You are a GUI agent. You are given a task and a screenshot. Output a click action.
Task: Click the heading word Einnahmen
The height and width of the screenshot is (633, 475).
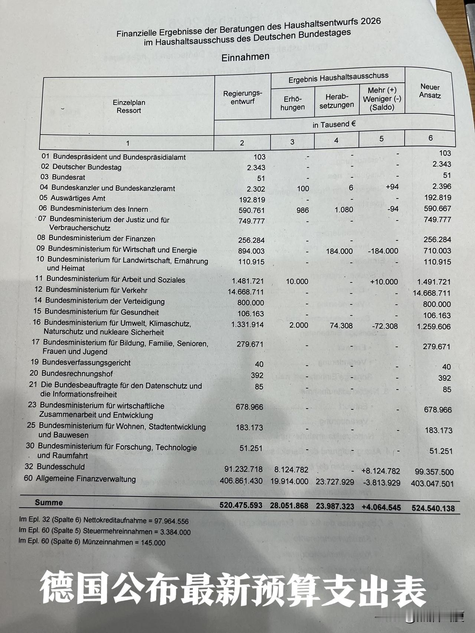click(245, 57)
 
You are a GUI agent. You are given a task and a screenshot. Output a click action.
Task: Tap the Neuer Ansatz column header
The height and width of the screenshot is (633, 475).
click(430, 91)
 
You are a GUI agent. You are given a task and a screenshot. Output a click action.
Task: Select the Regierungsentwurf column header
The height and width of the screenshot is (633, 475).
click(242, 97)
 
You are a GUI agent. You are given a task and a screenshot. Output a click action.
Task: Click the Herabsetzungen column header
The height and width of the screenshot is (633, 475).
click(337, 101)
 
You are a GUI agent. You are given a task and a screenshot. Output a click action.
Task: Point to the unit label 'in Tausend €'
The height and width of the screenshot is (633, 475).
click(334, 125)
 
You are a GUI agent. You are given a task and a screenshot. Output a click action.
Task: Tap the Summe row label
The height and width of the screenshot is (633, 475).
click(49, 503)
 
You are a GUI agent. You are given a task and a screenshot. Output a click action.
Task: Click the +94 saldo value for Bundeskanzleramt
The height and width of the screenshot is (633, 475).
click(392, 187)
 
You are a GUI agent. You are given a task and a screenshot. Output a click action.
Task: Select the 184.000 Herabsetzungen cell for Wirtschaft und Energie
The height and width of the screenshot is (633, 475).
click(339, 251)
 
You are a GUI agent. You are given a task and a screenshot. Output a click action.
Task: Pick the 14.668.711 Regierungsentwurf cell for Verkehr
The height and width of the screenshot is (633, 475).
click(246, 292)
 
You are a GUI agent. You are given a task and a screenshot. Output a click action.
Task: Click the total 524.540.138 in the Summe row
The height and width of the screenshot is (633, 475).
click(433, 508)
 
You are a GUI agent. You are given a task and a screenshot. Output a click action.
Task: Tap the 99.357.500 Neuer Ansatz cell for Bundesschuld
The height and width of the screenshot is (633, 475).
click(432, 472)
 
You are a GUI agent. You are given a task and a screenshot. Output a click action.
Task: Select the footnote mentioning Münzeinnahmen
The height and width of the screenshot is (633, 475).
click(92, 542)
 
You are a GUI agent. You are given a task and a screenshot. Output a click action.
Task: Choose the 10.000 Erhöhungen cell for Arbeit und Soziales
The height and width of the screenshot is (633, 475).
click(297, 282)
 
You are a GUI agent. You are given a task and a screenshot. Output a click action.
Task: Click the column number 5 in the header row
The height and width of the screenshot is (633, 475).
click(381, 139)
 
